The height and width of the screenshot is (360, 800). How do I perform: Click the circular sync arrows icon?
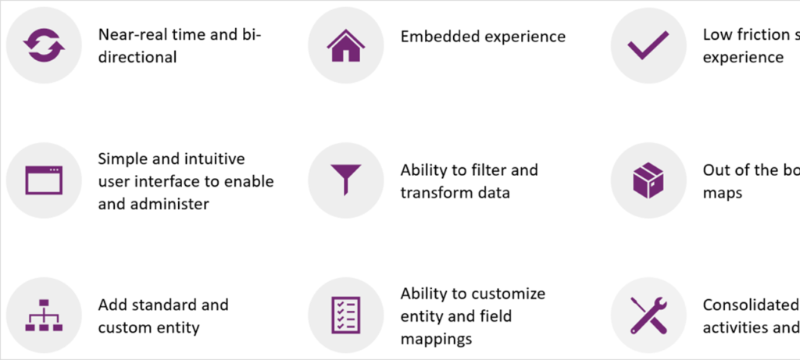[43, 46]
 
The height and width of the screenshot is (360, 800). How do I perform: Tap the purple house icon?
[345, 46]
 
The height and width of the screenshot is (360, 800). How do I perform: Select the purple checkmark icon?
[648, 46]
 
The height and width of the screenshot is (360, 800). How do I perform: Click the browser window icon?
[43, 180]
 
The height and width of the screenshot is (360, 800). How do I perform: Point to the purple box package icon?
[648, 180]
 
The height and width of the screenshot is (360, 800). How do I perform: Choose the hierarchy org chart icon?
[43, 315]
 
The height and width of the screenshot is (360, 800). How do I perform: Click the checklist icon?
[345, 315]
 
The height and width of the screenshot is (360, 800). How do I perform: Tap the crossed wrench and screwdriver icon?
[648, 315]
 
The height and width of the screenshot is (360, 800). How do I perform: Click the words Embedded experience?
[483, 37]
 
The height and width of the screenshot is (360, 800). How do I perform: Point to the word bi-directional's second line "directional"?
[137, 57]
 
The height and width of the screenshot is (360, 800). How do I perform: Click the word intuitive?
[215, 159]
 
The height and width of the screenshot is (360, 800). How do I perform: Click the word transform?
[435, 192]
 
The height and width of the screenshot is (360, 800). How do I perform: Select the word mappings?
[436, 339]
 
